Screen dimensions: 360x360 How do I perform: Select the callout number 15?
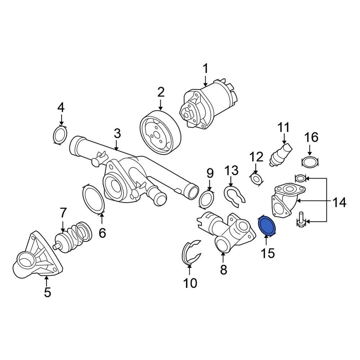tap(267, 253)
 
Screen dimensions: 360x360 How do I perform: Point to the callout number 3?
tap(117, 134)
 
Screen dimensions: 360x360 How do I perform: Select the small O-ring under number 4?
tap(60, 135)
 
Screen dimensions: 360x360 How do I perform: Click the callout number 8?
tap(224, 270)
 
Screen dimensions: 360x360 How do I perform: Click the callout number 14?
tap(338, 202)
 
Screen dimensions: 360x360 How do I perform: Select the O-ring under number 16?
tap(310, 162)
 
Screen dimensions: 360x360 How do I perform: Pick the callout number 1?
tap(205, 68)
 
